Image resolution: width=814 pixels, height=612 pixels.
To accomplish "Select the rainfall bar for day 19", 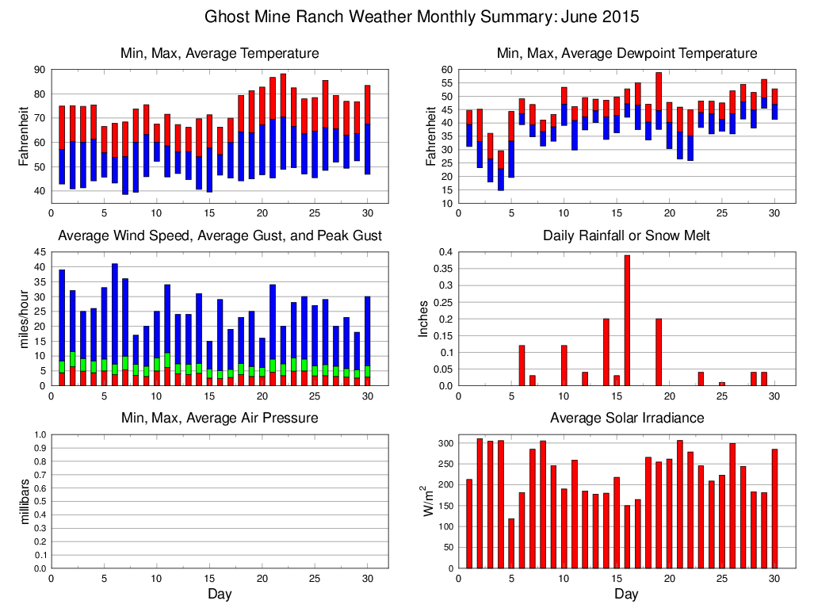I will point(659,352).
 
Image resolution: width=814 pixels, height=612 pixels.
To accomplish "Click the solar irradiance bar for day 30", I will point(774,508).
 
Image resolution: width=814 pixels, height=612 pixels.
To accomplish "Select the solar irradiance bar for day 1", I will point(469,523).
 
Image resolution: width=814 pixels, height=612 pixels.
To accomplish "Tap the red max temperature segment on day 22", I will point(283,95).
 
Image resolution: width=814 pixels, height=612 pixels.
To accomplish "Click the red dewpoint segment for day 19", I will point(659,91).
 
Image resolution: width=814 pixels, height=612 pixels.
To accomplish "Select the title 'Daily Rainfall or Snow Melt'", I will point(626,235).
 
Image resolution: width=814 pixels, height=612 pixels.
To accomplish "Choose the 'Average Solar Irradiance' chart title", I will point(626,418).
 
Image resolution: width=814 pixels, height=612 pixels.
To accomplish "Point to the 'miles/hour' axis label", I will point(23,319).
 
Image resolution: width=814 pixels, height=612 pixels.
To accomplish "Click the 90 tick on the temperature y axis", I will point(38,70).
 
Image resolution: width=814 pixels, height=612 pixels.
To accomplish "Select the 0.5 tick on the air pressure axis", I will point(40,502).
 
